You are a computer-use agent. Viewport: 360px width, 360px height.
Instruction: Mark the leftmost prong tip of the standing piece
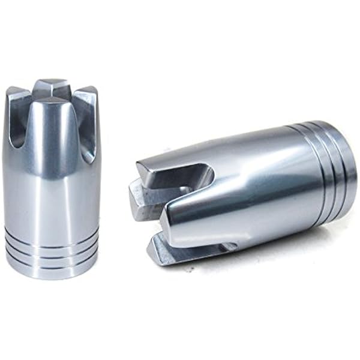16,93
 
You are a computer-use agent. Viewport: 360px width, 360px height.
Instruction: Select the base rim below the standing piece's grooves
51,271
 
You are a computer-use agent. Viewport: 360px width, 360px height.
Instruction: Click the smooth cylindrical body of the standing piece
51,192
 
